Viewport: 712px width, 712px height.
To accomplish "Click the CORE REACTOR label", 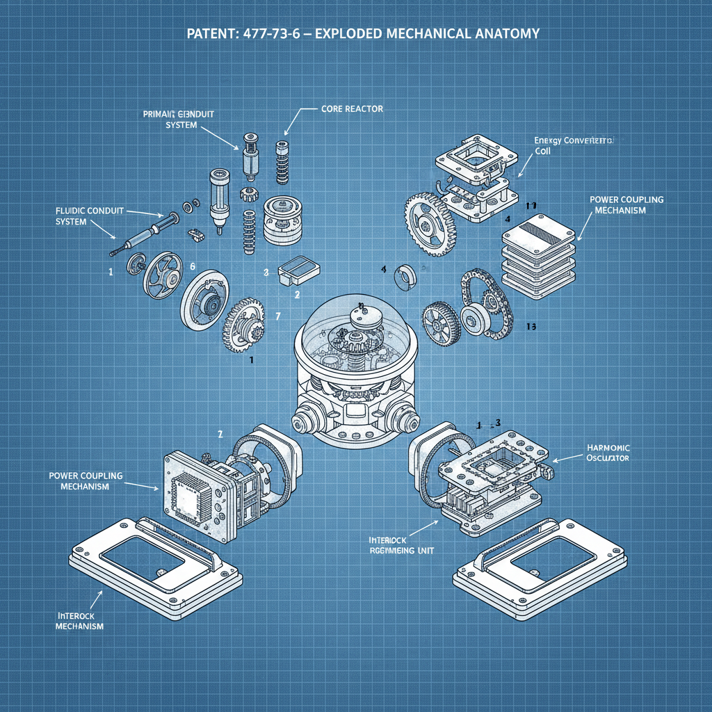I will pyautogui.click(x=352, y=109).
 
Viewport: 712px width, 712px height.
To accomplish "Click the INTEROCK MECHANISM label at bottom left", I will pyautogui.click(x=80, y=621).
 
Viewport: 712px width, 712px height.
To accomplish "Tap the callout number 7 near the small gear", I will pyautogui.click(x=278, y=316).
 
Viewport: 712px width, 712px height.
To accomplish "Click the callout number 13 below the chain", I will pyautogui.click(x=532, y=326).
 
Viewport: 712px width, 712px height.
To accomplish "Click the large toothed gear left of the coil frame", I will pyautogui.click(x=429, y=221).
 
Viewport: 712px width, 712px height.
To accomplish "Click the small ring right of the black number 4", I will pyautogui.click(x=405, y=277).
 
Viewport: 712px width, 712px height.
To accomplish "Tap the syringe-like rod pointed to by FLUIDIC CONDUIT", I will pyautogui.click(x=146, y=232).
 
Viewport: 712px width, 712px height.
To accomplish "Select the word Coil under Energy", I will pyautogui.click(x=542, y=151).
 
